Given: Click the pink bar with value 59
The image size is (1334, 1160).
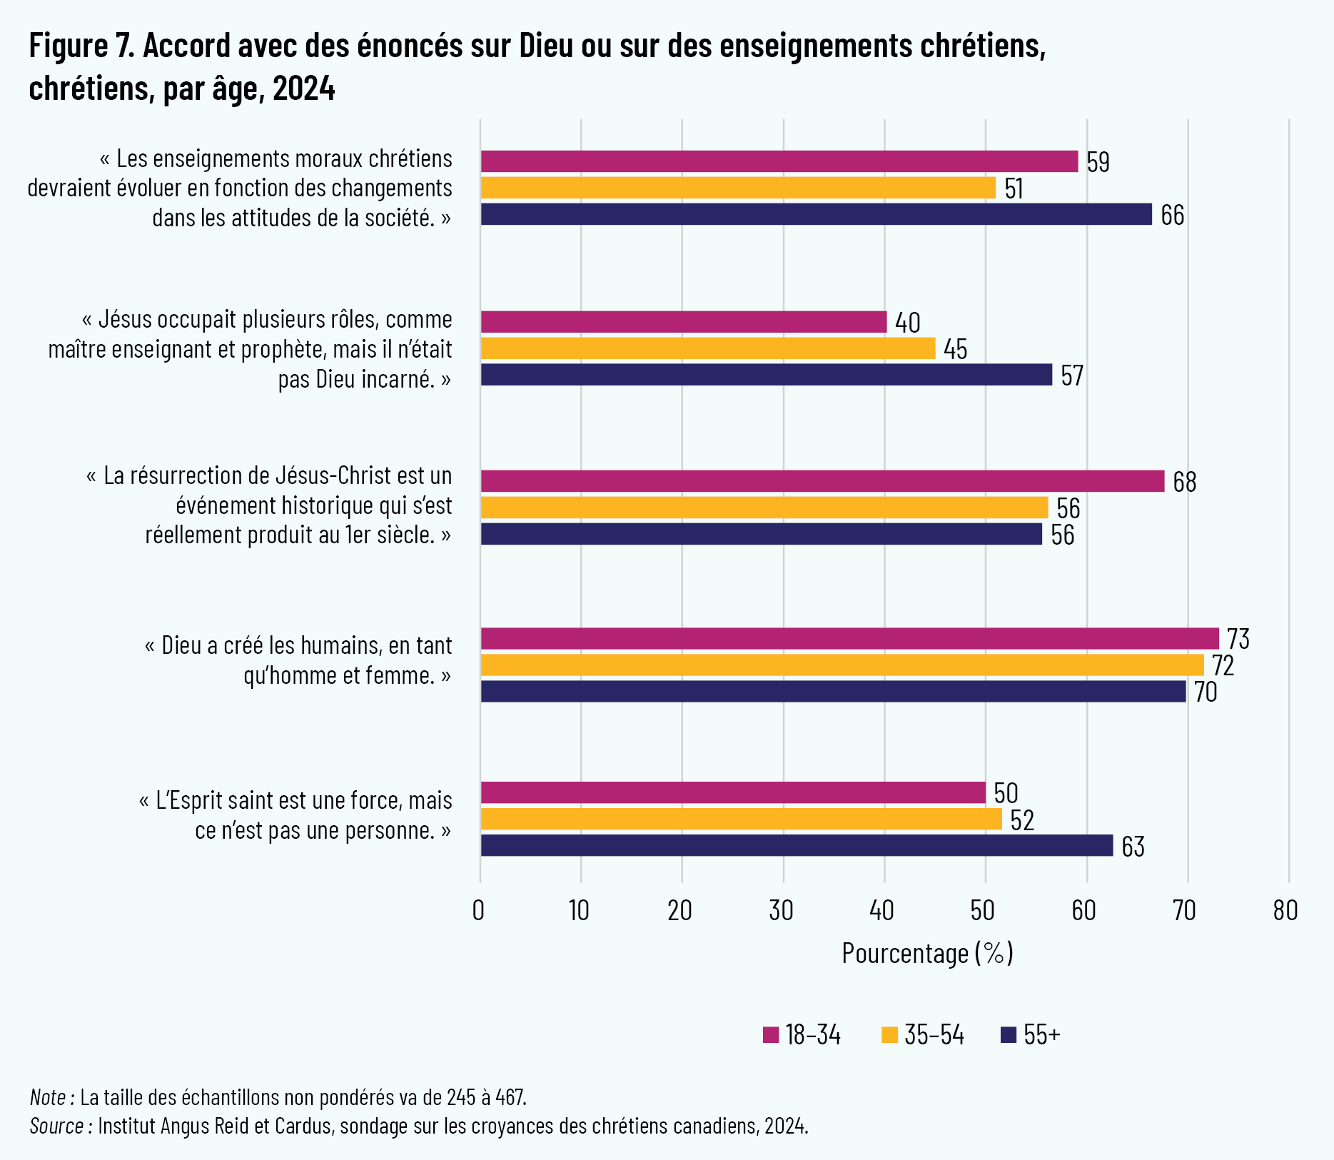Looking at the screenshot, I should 779,161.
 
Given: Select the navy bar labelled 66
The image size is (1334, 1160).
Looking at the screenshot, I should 816,214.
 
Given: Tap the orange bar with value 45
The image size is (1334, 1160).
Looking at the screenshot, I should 707,348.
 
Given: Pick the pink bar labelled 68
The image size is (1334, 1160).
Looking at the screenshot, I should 822,481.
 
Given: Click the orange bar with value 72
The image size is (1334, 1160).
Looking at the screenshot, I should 842,665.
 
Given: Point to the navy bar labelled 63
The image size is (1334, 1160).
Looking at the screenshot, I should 797,845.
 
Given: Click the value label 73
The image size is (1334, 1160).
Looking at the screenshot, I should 1238,639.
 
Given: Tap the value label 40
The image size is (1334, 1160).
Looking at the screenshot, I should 907,323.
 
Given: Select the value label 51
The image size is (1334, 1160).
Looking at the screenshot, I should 1014,188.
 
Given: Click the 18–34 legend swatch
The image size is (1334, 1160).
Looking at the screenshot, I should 771,1035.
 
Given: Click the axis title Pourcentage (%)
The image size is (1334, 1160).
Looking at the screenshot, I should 927,953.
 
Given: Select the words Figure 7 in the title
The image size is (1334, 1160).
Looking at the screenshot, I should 81,46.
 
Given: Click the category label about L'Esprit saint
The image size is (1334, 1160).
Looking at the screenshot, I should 295,815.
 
